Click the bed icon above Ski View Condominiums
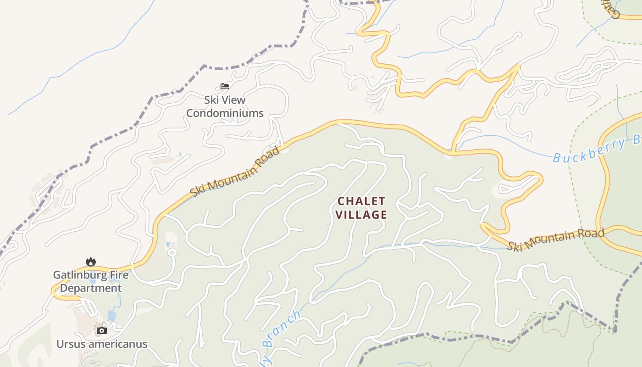[x=224, y=86]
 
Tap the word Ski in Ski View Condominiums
[x=211, y=100]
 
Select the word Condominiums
[x=225, y=113]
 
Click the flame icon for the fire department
[x=91, y=261]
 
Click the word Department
[x=91, y=288]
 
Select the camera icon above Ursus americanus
[x=101, y=330]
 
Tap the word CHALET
[x=361, y=201]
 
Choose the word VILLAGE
[x=361, y=215]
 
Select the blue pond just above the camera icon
[x=112, y=315]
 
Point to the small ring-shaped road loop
[x=172, y=252]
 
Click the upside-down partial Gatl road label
[x=610, y=8]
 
